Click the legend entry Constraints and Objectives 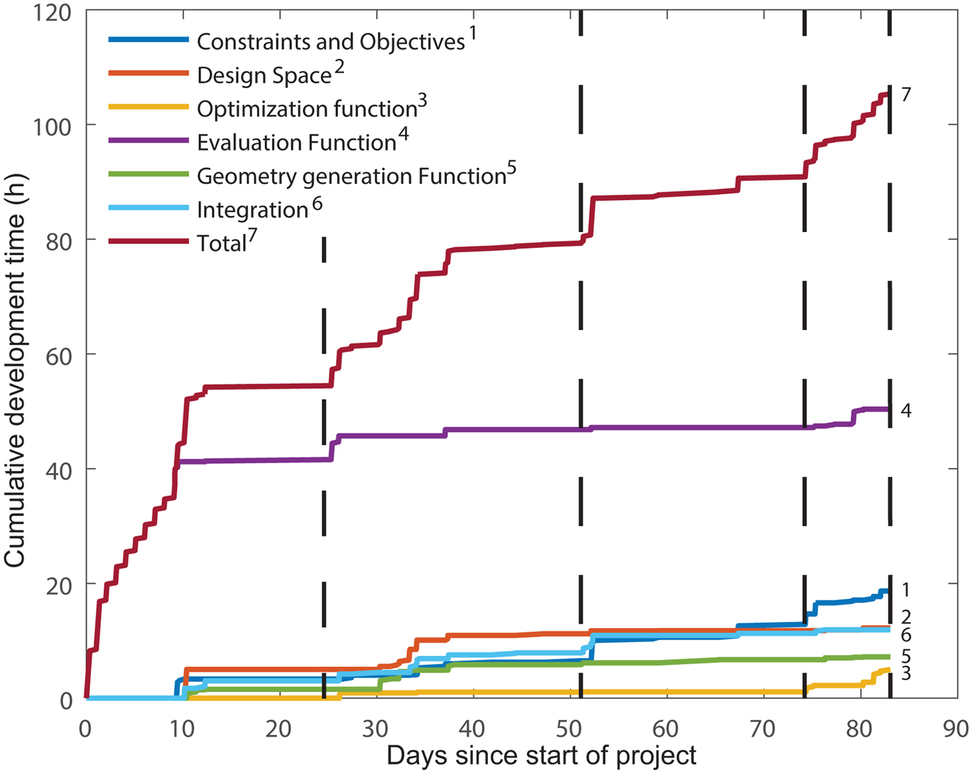[331, 42]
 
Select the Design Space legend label [264, 75]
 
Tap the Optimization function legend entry [306, 109]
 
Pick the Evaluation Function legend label [297, 142]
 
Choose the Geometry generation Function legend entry [351, 176]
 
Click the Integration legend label [252, 210]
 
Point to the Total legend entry [222, 243]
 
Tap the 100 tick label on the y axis [52, 126]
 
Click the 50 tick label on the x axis [569, 728]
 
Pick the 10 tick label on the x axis [182, 728]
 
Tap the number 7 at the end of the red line [906, 94]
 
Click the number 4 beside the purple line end [906, 411]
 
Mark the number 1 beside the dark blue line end [906, 590]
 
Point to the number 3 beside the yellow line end [906, 673]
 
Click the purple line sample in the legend [148, 141]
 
